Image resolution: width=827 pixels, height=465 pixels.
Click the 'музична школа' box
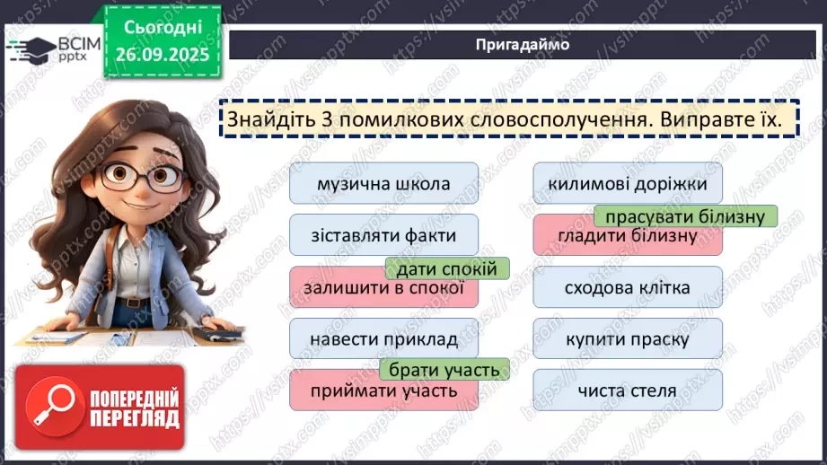point(383,184)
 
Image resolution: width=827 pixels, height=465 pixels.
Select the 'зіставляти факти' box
point(383,236)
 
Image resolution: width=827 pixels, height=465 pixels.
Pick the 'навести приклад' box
point(383,339)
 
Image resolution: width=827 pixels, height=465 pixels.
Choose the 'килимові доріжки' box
point(628,184)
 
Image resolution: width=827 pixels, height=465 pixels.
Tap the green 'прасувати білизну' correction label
point(685,217)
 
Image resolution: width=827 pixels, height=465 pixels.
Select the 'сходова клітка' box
point(628,288)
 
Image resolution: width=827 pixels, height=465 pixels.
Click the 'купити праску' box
point(628,339)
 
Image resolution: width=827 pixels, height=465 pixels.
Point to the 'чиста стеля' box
point(628,390)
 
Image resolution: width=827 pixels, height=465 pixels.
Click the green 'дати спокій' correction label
point(447,268)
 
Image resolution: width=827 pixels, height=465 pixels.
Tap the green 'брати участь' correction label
point(444,369)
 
